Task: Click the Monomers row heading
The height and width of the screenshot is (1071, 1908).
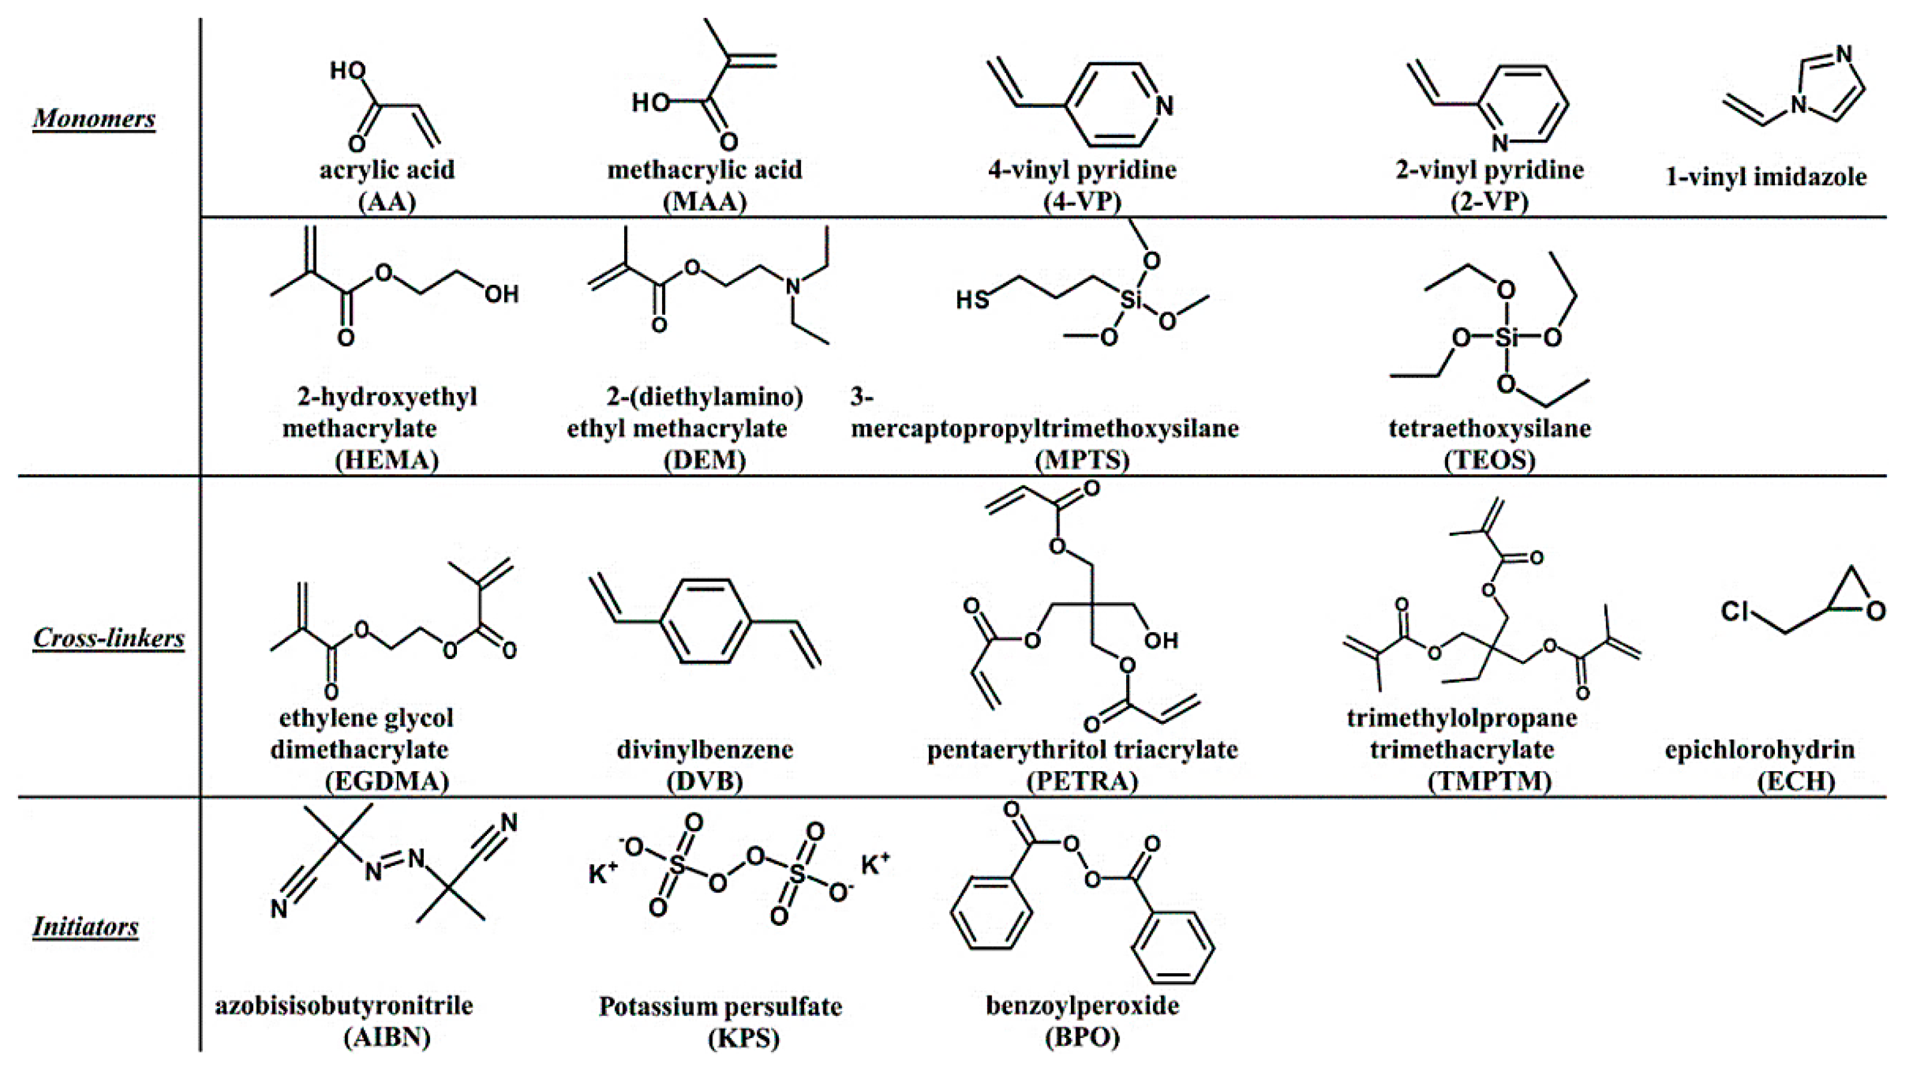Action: [94, 119]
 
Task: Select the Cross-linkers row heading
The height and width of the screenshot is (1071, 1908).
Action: [109, 639]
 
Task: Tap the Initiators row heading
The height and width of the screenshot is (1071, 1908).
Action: [85, 926]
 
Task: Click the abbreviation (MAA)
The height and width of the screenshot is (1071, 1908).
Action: [705, 201]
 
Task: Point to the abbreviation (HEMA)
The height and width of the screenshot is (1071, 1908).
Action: [387, 460]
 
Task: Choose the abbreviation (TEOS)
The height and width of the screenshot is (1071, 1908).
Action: [1489, 460]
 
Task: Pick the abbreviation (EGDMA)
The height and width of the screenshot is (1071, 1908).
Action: [387, 781]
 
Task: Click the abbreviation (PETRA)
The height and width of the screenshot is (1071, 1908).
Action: [1082, 781]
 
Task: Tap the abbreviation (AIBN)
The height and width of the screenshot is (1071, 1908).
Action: [387, 1037]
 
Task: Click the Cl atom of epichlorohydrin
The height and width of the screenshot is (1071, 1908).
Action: [1735, 611]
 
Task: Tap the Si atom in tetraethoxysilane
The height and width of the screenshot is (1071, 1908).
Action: [1506, 338]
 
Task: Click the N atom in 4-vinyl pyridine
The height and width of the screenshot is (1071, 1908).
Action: [1164, 106]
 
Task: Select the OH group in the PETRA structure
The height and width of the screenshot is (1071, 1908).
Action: [1161, 640]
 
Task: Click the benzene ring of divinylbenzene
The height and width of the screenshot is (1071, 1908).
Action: [705, 621]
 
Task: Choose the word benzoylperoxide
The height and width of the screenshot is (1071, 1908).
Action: [1082, 1006]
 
